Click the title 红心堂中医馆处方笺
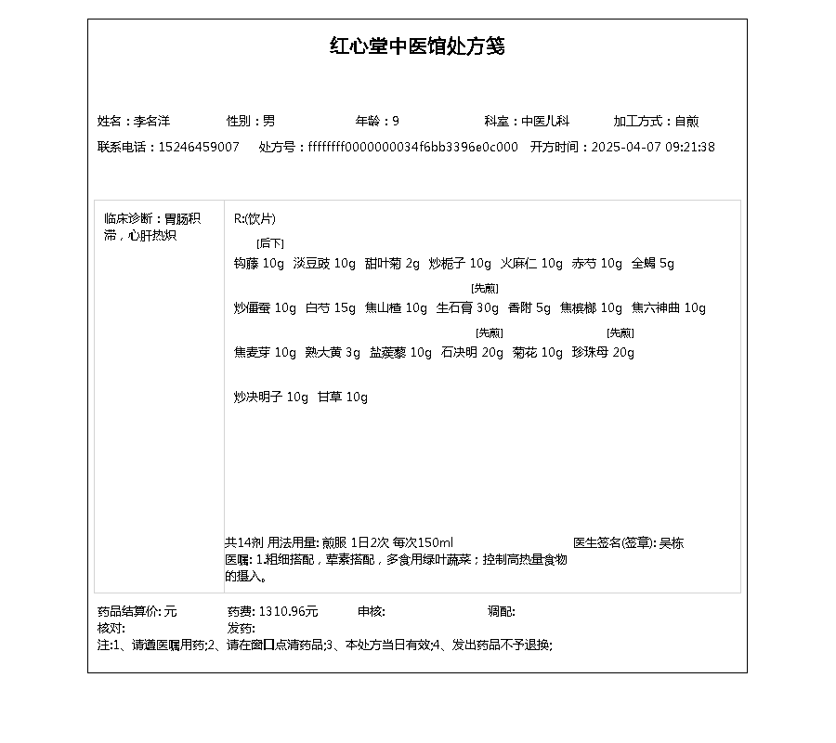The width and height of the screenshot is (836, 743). click(417, 46)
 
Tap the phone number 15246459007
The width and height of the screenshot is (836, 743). click(199, 147)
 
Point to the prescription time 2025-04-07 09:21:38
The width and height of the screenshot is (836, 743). click(653, 147)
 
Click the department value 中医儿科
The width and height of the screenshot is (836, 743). click(544, 121)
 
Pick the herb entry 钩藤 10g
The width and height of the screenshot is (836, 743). click(259, 263)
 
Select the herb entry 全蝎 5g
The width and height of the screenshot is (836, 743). click(652, 263)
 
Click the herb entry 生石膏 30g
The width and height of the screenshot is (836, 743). click(467, 307)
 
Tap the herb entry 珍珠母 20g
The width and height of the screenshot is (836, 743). click(603, 352)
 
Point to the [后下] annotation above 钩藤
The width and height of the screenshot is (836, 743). click(270, 243)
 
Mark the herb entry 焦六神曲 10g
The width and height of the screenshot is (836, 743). click(669, 307)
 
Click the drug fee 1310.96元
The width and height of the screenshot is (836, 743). click(288, 611)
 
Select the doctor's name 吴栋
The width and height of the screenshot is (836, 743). click(672, 542)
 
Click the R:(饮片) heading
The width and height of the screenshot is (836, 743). click(255, 219)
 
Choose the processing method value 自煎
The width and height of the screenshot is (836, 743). click(686, 121)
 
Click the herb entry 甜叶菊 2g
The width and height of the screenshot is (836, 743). click(392, 263)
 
